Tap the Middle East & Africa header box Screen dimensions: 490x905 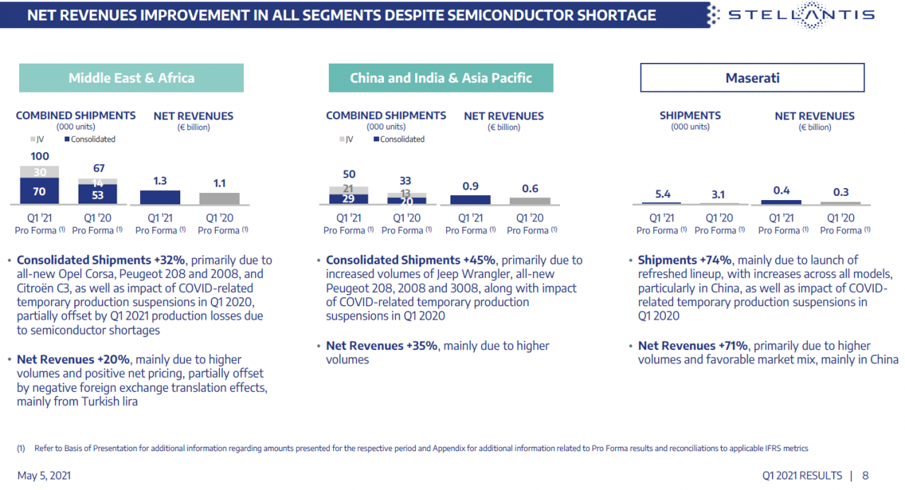pyautogui.click(x=131, y=78)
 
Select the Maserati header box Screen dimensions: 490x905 pyautogui.click(x=752, y=78)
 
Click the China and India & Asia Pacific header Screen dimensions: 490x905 pyautogui.click(x=440, y=78)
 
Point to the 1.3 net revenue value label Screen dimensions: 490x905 pyautogui.click(x=160, y=181)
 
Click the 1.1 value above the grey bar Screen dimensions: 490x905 pyautogui.click(x=219, y=183)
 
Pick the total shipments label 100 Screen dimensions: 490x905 pyautogui.click(x=40, y=156)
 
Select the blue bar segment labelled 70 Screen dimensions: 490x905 pyautogui.click(x=40, y=191)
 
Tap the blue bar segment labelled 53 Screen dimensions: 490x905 pyautogui.click(x=98, y=195)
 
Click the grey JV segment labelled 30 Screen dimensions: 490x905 pyautogui.click(x=40, y=172)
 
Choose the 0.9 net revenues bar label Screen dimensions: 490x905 pyautogui.click(x=470, y=186)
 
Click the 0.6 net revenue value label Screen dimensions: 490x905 pyautogui.click(x=530, y=189)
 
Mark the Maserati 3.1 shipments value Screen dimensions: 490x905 pyautogui.click(x=719, y=194)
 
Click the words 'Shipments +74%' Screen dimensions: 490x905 pyautogui.click(x=684, y=260)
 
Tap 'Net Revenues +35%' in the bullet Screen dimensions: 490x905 pyautogui.click(x=382, y=346)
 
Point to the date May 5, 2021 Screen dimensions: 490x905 pyautogui.click(x=44, y=475)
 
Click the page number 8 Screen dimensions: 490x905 pyautogui.click(x=865, y=475)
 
